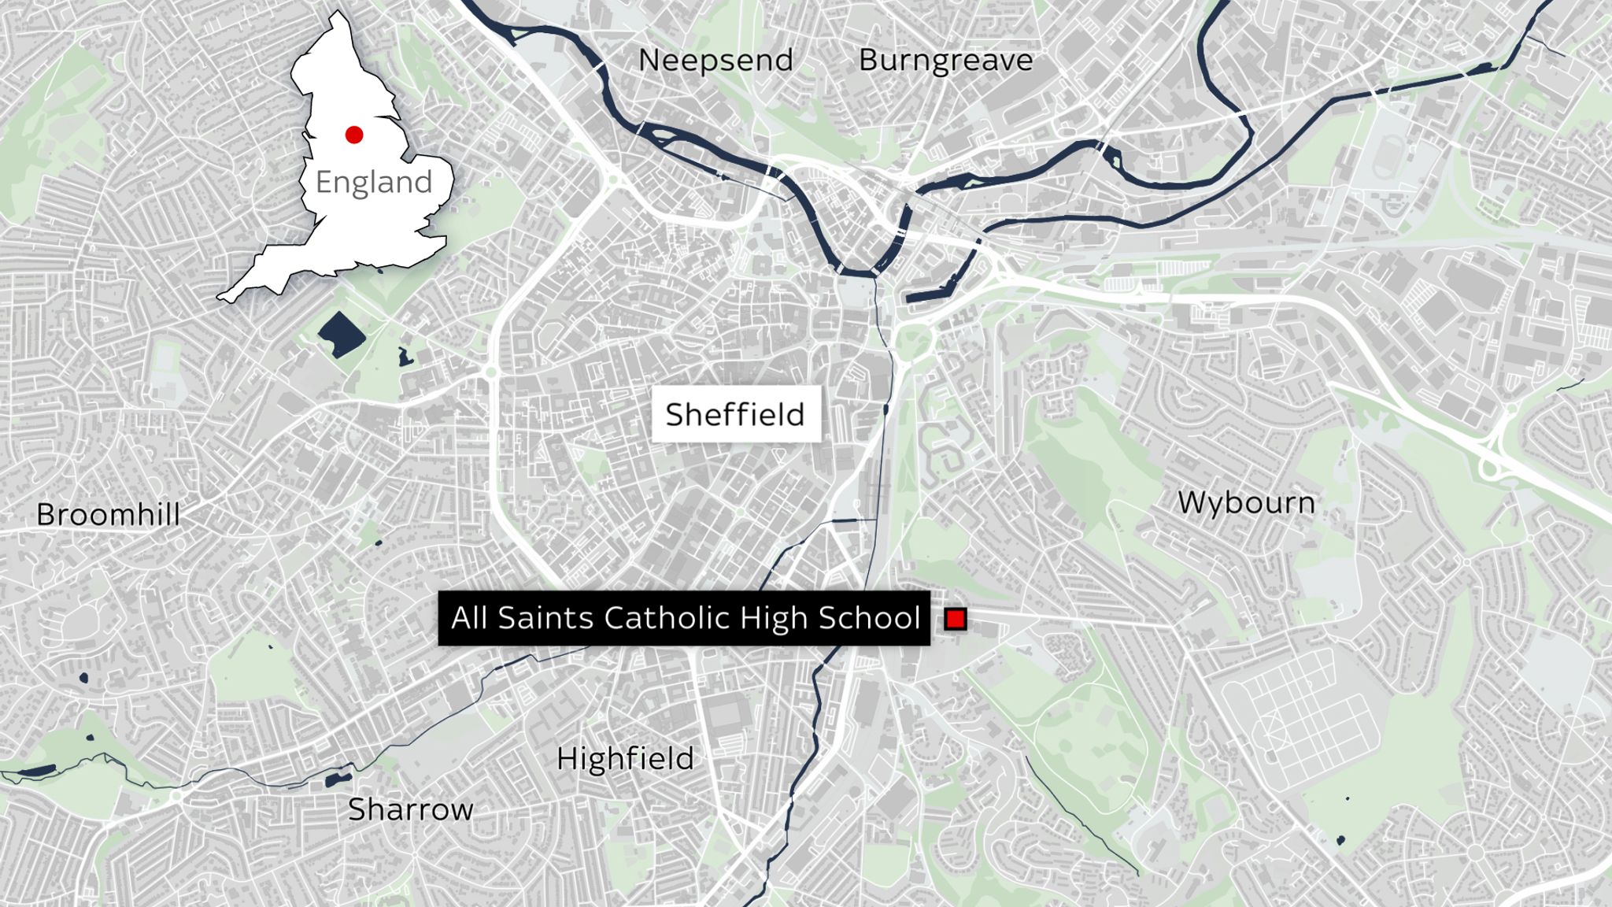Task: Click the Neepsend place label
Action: point(715,61)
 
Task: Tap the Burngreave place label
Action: point(945,61)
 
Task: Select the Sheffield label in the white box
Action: point(735,414)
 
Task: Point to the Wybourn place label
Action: point(1246,502)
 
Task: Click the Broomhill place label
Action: point(108,515)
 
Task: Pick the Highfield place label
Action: point(625,759)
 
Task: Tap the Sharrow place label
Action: point(410,809)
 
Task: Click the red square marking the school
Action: point(956,620)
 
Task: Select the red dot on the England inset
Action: point(354,135)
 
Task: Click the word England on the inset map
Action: point(374,182)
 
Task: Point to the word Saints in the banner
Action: point(545,618)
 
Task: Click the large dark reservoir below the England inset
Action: point(342,334)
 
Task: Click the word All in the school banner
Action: point(470,618)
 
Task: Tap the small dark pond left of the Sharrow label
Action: point(338,779)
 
